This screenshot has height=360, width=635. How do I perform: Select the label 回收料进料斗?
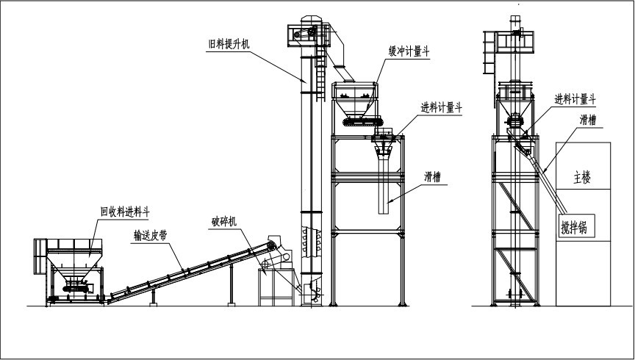pos(126,212)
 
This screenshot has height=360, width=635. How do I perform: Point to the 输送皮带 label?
pos(153,236)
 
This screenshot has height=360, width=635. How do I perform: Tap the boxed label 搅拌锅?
pos(578,227)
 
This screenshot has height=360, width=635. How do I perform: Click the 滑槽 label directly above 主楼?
pos(588,120)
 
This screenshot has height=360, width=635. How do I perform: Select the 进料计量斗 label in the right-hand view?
pos(575,98)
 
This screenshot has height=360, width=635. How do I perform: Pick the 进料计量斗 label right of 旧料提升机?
pos(441,108)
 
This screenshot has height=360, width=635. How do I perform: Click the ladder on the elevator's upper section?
pos(320,81)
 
